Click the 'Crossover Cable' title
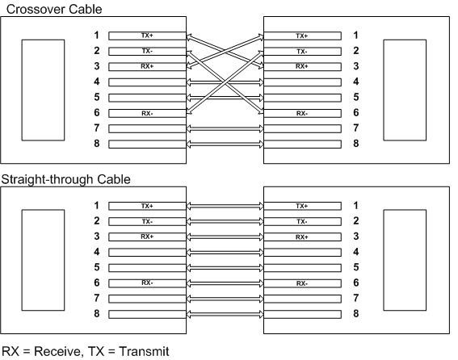pyautogui.click(x=54, y=10)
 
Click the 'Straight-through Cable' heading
pyautogui.click(x=65, y=179)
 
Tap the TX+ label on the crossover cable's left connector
pyautogui.click(x=147, y=36)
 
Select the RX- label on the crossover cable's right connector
pyautogui.click(x=302, y=113)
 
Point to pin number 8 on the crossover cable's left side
pyautogui.click(x=97, y=144)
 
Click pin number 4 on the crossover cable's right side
pyautogui.click(x=355, y=82)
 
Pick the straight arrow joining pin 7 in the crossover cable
pyautogui.click(x=225, y=128)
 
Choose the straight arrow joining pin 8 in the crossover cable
pyautogui.click(x=225, y=144)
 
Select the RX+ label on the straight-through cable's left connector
pyautogui.click(x=147, y=237)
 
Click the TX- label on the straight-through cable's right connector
pyautogui.click(x=302, y=222)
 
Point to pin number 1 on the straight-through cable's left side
pyautogui.click(x=97, y=206)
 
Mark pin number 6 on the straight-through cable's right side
pyautogui.click(x=355, y=283)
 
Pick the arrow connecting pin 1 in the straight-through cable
pyautogui.click(x=225, y=206)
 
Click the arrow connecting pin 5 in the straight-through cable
pyautogui.click(x=225, y=268)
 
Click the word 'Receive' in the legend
pyautogui.click(x=57, y=351)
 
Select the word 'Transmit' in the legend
pyautogui.click(x=144, y=351)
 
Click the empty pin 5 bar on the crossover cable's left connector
pyautogui.click(x=147, y=98)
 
